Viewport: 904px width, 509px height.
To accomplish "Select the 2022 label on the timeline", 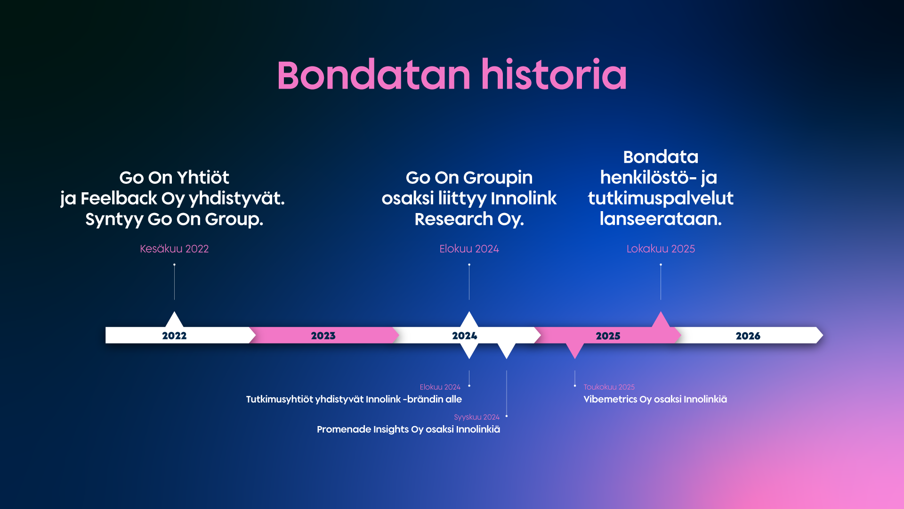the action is point(174,336).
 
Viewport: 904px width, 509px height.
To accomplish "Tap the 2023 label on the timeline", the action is point(323,336).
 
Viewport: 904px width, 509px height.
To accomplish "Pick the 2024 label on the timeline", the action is point(465,336).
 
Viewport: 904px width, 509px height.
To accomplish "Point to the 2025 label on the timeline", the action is point(608,336).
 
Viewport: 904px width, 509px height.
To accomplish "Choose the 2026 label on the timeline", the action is point(748,336).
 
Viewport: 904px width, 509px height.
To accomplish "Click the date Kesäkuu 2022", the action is point(174,249).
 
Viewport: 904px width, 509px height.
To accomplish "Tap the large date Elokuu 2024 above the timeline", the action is point(469,249).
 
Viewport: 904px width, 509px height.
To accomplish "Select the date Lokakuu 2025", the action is point(661,249).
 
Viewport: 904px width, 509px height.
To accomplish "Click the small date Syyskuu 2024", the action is point(476,417).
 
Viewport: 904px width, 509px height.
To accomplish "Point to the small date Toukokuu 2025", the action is point(609,387).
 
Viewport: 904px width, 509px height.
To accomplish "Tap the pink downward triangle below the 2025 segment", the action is point(575,350).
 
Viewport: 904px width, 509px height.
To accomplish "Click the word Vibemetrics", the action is point(610,399).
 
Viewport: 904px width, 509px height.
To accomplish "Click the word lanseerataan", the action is point(661,219).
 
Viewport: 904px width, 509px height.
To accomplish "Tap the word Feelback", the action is point(119,198).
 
